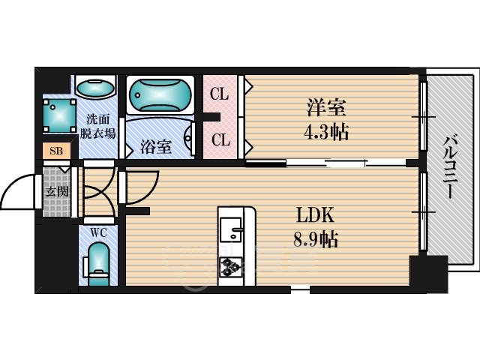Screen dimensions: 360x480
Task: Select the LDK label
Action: (x=316, y=215)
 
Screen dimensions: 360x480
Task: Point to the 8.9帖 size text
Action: (x=316, y=240)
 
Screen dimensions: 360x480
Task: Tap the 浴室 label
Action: (x=156, y=147)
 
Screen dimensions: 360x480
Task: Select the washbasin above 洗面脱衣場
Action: (x=95, y=89)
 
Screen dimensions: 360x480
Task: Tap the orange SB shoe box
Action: (x=56, y=151)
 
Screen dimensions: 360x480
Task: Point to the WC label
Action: (x=99, y=232)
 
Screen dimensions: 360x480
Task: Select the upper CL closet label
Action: (x=220, y=94)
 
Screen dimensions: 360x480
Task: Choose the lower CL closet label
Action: (x=220, y=139)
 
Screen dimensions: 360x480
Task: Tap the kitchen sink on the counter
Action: (x=232, y=229)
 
